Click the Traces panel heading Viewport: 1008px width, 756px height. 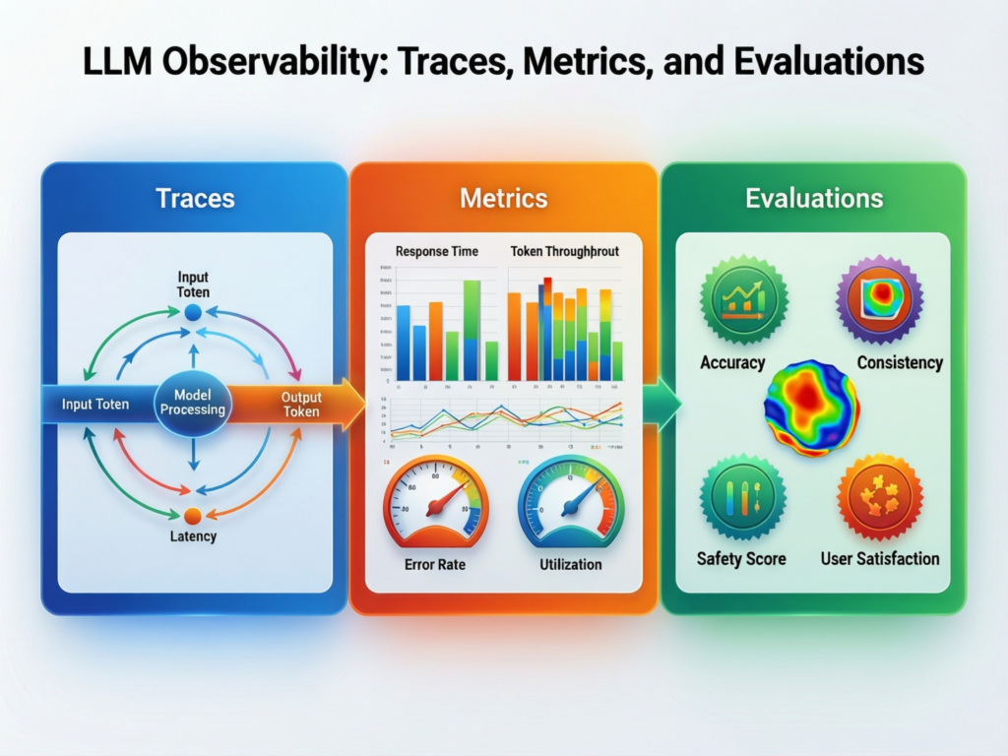coord(195,198)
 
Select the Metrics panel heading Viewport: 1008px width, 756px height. coord(503,198)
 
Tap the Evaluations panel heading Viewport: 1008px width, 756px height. coord(813,198)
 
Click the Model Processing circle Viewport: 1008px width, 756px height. coord(193,403)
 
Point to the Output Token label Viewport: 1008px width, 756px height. coord(301,404)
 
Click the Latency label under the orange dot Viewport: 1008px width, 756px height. coord(192,536)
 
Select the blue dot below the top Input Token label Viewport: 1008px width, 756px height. coord(193,312)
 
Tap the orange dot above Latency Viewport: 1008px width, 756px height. coord(193,515)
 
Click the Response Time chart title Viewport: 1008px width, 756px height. coord(436,251)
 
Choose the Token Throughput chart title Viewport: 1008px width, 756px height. coord(565,251)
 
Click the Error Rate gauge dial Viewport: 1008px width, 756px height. coord(434,502)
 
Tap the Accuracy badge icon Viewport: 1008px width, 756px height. coord(743,301)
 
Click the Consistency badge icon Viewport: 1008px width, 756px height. coord(879,298)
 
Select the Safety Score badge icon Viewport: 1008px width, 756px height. coord(742,497)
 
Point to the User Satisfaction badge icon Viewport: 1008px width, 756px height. coord(879,497)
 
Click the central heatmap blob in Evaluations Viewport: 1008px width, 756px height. coord(811,408)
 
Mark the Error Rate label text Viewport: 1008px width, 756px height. coord(434,565)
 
